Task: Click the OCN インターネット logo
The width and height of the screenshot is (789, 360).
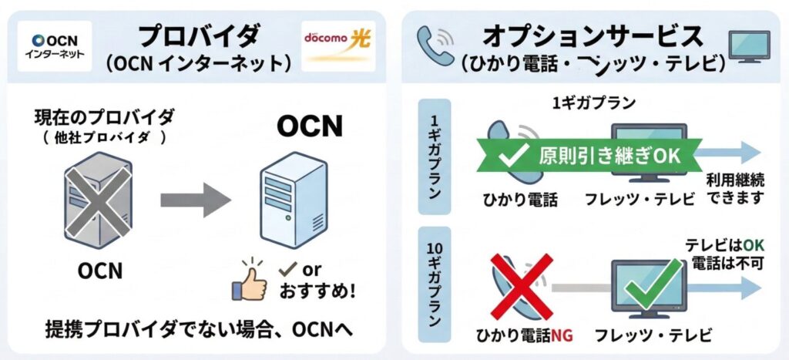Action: point(55,45)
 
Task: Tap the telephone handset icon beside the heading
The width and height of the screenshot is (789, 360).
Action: point(435,45)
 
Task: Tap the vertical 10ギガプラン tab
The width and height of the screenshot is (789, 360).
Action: point(433,284)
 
